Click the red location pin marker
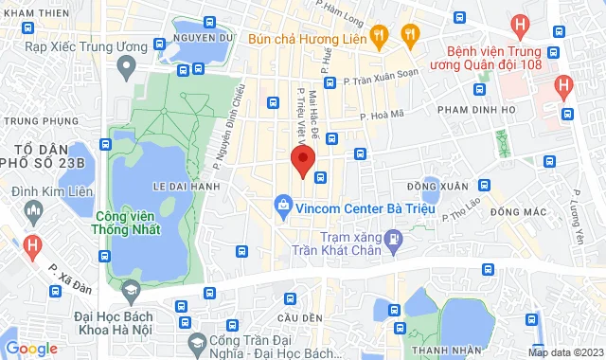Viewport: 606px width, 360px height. click(302, 161)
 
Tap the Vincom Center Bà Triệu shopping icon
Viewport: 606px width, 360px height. click(282, 204)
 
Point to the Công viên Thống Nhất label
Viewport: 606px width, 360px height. click(126, 222)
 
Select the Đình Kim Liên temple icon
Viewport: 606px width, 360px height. click(31, 207)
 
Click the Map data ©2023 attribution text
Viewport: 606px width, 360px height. click(564, 352)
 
